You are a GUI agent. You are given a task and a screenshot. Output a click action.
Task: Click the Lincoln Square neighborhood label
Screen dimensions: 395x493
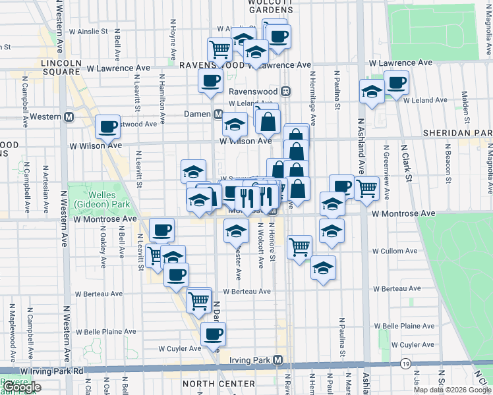click(61, 68)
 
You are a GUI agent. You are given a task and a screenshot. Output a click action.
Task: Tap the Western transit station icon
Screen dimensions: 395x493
click(68, 117)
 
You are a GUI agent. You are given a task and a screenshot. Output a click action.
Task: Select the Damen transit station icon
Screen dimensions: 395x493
click(217, 114)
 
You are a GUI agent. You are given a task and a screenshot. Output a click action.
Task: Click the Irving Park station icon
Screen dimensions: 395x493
click(277, 360)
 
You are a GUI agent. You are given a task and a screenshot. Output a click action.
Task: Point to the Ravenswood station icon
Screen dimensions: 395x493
click(286, 91)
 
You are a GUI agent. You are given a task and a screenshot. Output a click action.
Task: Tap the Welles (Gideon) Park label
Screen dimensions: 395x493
click(95, 199)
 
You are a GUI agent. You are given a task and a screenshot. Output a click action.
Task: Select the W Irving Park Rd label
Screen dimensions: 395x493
click(52, 371)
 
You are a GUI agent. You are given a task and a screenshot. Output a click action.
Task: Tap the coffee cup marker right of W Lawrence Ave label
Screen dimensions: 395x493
click(396, 82)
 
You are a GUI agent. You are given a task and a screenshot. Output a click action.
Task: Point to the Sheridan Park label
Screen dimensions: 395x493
click(457, 133)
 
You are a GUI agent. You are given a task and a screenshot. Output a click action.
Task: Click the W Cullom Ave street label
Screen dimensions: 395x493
click(395, 251)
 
